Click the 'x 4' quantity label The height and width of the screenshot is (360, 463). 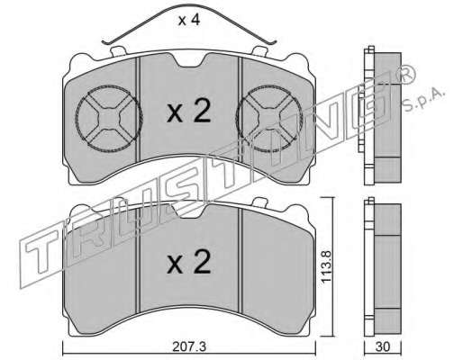189,20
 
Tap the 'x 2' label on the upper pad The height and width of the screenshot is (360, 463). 189,112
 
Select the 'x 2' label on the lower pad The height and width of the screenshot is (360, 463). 189,262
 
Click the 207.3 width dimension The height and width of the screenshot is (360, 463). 189,347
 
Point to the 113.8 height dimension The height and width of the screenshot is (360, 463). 327,266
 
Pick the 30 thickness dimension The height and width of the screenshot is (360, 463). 383,347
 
